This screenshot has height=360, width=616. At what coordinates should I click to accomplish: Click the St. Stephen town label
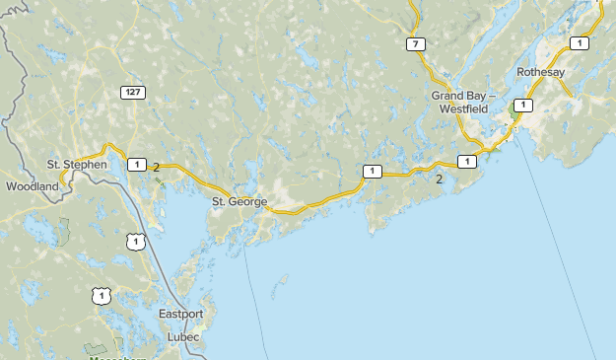point(77,164)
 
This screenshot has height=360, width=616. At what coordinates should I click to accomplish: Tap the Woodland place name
point(33,185)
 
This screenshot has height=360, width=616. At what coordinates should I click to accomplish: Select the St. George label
point(240,201)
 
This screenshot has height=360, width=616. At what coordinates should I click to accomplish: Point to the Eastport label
point(180,314)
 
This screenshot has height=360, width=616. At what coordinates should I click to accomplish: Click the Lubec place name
point(182,337)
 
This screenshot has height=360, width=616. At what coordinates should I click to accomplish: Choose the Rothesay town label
point(540,72)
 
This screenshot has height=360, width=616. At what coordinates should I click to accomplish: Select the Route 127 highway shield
point(133,92)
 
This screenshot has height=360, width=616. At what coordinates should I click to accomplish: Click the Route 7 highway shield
point(417,44)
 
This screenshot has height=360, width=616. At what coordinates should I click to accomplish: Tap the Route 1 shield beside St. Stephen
point(135,165)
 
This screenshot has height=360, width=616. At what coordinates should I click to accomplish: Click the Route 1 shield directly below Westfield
point(466,161)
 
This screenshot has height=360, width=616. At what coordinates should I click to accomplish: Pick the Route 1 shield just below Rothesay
point(522,105)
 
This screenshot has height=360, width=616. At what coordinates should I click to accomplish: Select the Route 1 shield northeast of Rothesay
point(579,42)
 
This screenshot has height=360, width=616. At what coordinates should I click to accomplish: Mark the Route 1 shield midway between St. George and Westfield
point(371,172)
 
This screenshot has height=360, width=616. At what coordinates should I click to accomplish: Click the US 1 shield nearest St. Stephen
point(136,240)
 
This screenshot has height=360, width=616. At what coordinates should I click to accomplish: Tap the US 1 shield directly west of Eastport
point(101,295)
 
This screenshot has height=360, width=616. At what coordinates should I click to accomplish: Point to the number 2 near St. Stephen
point(157,167)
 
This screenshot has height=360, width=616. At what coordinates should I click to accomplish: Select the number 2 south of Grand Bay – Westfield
point(439,179)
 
